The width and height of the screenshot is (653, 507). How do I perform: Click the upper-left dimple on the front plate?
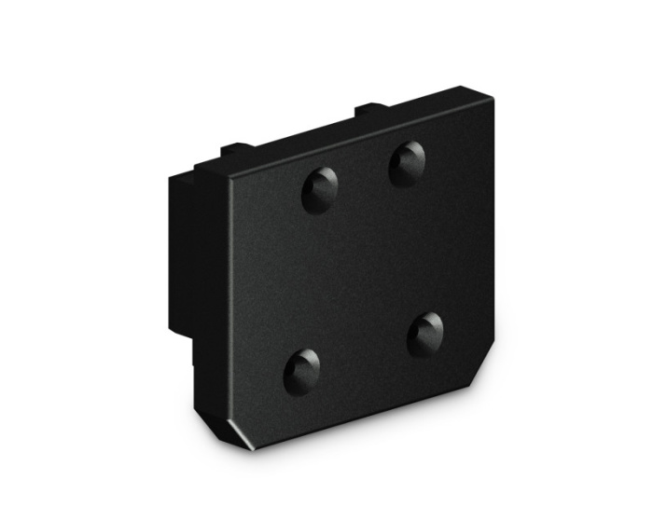tap(320, 190)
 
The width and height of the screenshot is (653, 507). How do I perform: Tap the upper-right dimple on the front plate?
tap(408, 163)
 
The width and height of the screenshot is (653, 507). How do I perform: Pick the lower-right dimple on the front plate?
tap(426, 333)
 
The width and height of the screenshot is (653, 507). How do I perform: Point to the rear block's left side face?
tap(179, 252)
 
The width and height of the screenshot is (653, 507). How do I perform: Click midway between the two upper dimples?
tap(364, 177)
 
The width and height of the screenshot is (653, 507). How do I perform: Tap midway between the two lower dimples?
tap(364, 351)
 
